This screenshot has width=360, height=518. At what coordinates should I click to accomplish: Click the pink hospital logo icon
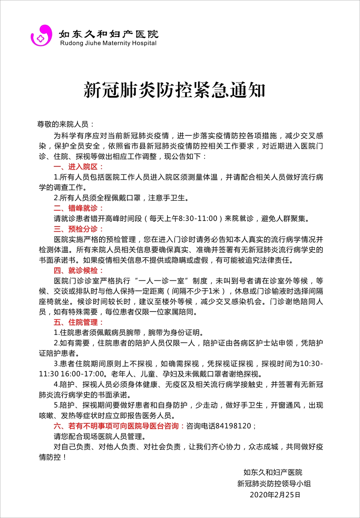coord(41,35)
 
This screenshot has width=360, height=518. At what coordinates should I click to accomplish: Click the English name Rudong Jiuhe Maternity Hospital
coord(108,43)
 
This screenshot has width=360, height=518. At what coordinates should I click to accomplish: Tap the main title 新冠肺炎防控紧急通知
coord(175,90)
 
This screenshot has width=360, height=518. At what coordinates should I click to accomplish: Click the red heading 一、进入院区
coord(78,167)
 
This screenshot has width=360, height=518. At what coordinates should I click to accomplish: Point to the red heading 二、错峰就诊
coord(78,208)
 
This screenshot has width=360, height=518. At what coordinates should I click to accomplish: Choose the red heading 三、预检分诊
coord(78,229)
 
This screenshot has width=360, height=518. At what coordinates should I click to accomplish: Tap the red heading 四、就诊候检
coord(78,270)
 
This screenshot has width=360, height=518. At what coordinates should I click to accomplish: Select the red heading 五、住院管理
coord(78,322)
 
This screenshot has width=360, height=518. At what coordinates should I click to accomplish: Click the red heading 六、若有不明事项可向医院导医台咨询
coord(116,426)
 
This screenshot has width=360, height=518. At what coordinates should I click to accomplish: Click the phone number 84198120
coord(233,426)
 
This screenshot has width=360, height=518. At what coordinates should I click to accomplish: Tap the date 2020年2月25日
coord(275,495)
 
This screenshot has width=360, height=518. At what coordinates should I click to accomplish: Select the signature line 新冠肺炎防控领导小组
coord(274,483)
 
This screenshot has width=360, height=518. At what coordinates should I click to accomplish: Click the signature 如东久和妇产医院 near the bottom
coord(273,472)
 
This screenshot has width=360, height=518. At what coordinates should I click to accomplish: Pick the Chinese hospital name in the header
coord(108,34)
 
